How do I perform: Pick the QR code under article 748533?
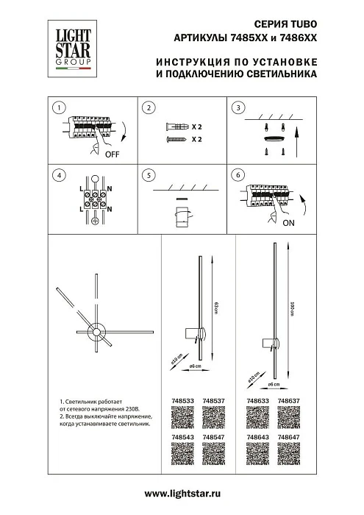pyautogui.click(x=181, y=418)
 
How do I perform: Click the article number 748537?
pyautogui.click(x=213, y=402)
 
